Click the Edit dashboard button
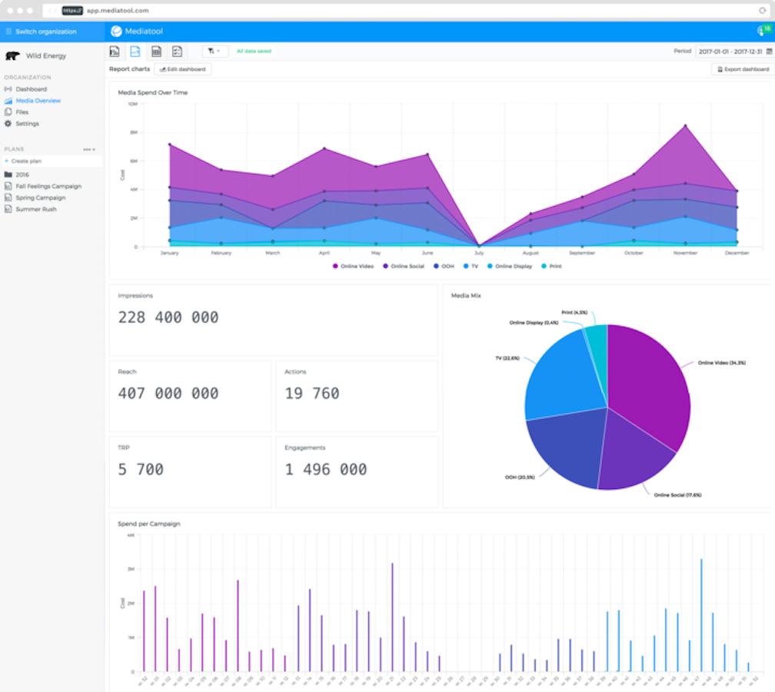[x=183, y=69]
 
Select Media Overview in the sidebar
[x=38, y=101]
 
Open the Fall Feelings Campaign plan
[x=48, y=186]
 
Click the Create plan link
[x=26, y=161]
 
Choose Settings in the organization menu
[x=27, y=124]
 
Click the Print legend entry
[x=552, y=266]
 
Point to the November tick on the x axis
[x=684, y=252]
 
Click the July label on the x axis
[x=479, y=252]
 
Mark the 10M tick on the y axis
[x=132, y=104]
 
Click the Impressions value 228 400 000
[x=168, y=318]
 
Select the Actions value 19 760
[x=311, y=394]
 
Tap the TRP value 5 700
[x=141, y=469]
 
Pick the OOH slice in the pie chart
[x=561, y=450]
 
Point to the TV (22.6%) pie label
[x=507, y=358]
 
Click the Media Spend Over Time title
[x=152, y=92]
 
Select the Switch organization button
[x=46, y=32]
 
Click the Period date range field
[x=730, y=52]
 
